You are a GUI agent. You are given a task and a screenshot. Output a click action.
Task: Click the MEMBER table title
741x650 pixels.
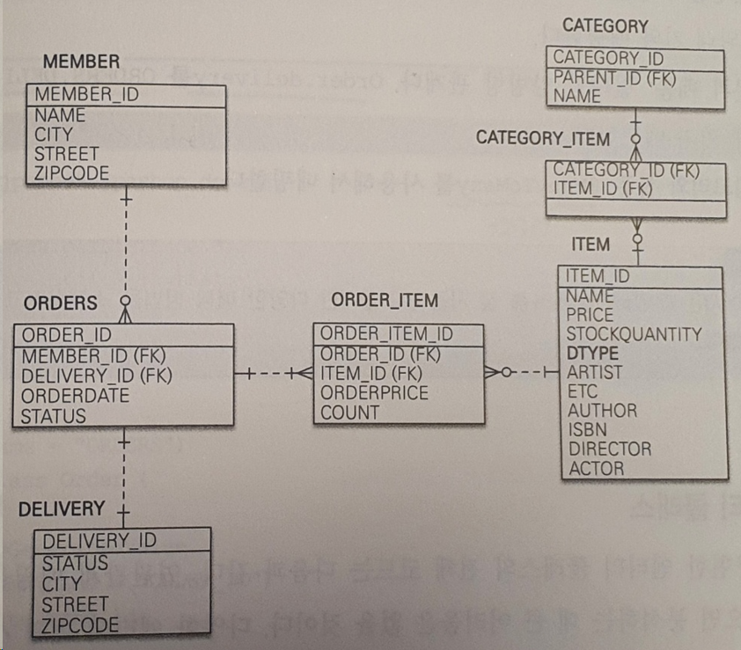81,62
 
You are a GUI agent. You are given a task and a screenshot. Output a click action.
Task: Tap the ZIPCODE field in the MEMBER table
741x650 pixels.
72,173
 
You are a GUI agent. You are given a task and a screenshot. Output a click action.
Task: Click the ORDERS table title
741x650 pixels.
60,303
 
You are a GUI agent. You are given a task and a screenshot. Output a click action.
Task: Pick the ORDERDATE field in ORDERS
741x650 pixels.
76,396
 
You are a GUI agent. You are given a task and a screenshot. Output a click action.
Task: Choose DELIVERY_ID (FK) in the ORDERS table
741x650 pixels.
97,376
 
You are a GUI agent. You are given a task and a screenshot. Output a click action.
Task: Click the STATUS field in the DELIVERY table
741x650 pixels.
75,563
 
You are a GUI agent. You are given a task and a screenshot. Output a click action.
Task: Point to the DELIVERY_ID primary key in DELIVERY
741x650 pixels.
99,540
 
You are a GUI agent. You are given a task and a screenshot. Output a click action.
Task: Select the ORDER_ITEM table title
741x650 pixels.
385,301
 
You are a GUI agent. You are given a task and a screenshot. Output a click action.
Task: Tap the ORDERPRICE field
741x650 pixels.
374,393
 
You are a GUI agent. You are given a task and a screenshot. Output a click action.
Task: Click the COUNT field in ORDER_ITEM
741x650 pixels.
350,413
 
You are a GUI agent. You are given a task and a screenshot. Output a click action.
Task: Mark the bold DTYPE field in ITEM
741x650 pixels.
592,354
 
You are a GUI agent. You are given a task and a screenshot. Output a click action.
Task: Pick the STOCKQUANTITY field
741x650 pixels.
634,334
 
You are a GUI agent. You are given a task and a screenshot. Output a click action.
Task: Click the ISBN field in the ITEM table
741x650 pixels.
586,429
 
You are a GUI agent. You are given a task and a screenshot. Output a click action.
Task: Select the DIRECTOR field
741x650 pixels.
610,449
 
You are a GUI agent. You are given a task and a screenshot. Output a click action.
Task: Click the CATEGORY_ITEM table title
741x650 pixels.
543,139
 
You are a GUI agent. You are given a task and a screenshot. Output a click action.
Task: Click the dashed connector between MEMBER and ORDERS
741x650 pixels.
126,246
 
